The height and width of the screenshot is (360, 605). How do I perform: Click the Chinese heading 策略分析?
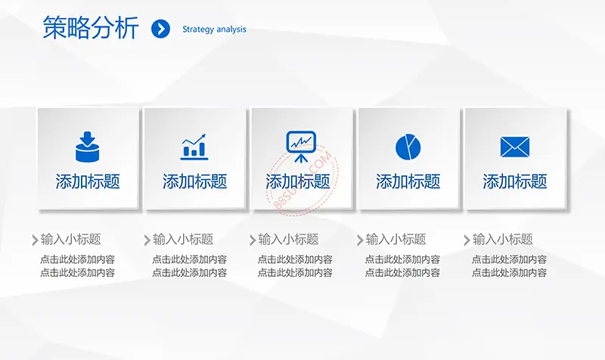(x=91, y=28)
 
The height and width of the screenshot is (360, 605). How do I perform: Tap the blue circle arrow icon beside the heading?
(x=160, y=29)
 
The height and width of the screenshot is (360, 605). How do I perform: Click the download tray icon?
(x=88, y=147)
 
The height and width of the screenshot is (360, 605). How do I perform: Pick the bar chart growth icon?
(x=194, y=147)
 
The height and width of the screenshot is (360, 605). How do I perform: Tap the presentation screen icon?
(x=301, y=147)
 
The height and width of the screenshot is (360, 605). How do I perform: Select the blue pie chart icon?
(x=408, y=147)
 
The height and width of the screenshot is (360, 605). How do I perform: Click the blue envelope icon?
(x=515, y=147)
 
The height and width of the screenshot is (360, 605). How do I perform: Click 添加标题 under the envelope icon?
(x=515, y=182)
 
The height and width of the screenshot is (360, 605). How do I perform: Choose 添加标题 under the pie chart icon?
(x=408, y=182)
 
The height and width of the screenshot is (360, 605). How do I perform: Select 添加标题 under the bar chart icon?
(x=194, y=182)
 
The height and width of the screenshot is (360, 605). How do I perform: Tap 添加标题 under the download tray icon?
(x=88, y=182)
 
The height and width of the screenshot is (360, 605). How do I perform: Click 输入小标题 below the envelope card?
(x=502, y=240)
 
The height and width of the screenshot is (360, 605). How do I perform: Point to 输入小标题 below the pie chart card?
(x=396, y=240)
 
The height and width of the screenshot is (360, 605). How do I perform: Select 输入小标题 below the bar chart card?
(x=183, y=240)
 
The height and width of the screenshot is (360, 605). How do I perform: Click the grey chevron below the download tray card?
(x=35, y=240)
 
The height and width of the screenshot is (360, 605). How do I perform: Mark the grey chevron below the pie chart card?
(x=360, y=240)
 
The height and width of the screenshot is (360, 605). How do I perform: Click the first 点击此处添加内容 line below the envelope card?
(x=509, y=259)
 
